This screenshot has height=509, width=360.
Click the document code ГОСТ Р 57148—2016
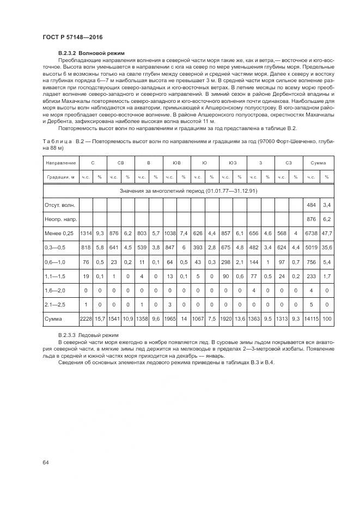(72, 36)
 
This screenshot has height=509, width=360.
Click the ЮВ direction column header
(176, 163)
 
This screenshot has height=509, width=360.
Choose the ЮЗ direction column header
(233, 163)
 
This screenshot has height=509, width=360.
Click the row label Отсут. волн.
(60, 205)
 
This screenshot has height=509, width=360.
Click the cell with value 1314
(86, 233)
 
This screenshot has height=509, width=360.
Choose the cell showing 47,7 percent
(327, 233)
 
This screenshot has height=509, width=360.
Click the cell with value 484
(312, 205)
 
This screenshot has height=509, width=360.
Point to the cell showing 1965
(170, 318)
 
